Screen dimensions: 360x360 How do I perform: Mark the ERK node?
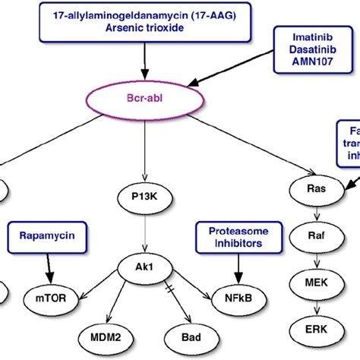point(313,331)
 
